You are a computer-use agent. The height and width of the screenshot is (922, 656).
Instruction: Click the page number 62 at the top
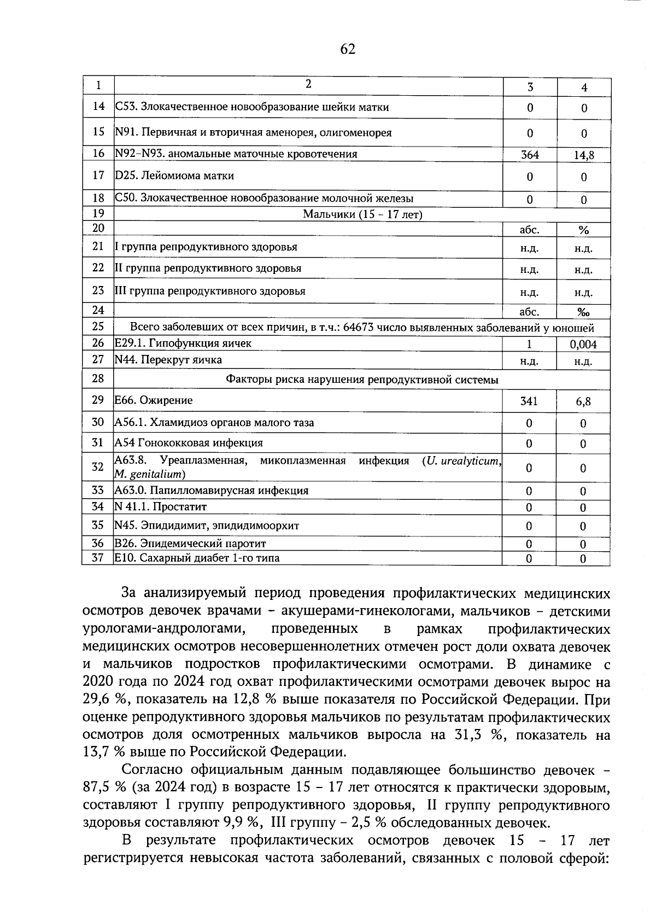click(x=348, y=49)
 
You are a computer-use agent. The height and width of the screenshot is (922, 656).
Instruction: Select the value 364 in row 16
click(x=529, y=155)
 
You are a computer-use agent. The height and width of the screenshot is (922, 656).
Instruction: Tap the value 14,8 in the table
click(x=583, y=155)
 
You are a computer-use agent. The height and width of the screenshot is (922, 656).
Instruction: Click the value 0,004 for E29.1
click(x=583, y=345)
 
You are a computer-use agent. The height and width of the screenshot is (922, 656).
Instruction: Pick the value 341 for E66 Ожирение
click(x=529, y=401)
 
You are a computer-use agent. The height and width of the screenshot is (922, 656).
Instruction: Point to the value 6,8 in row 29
click(x=583, y=402)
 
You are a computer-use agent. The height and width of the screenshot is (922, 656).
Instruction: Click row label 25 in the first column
click(x=98, y=327)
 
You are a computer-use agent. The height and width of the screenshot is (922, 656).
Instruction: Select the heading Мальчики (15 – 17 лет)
click(x=362, y=214)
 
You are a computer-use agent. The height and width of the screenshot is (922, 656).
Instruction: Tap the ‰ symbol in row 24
click(x=583, y=312)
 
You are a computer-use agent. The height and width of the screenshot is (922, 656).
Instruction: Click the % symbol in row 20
click(x=583, y=230)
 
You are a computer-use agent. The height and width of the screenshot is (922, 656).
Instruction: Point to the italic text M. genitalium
click(x=149, y=474)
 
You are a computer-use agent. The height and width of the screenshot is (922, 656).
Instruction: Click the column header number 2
click(x=308, y=84)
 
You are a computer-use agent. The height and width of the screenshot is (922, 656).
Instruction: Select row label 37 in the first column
click(x=98, y=558)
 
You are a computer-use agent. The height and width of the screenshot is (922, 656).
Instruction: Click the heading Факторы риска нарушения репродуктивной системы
click(x=362, y=379)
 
